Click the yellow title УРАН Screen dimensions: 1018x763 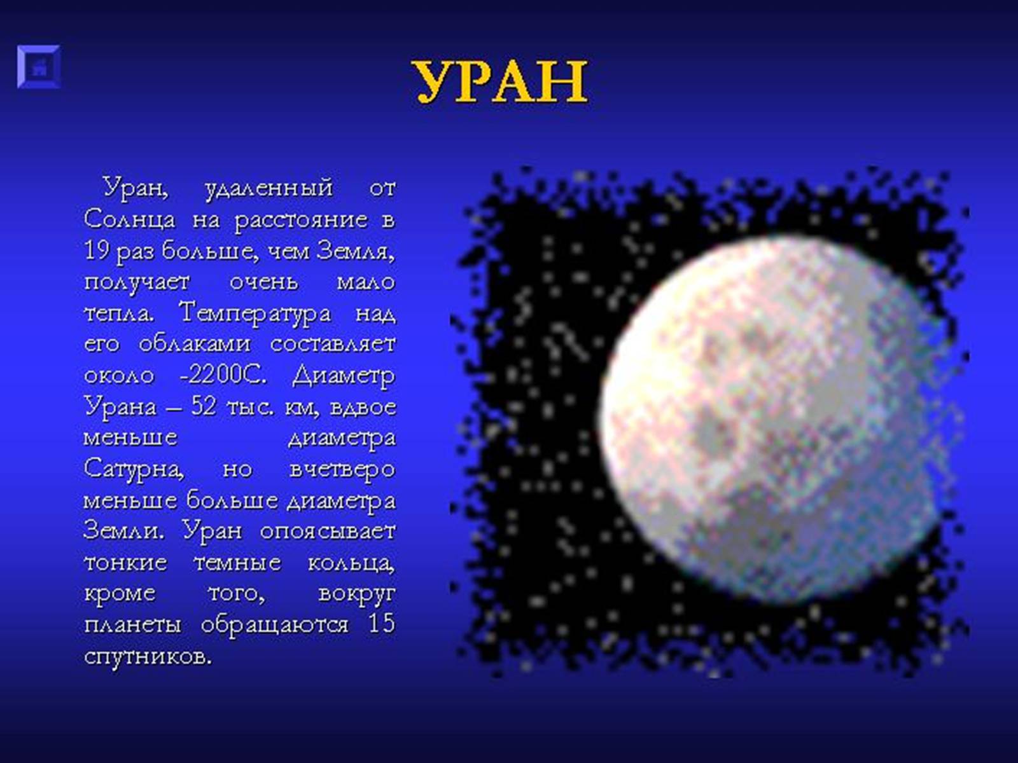tap(501, 83)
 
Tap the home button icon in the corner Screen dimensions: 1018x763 tap(39, 67)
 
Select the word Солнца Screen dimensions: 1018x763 tap(130, 219)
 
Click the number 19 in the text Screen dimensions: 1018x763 tap(97, 251)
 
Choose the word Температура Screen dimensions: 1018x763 tap(255, 313)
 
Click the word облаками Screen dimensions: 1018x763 tap(195, 344)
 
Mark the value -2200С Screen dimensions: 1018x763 tap(223, 375)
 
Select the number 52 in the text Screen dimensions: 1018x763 tap(204, 406)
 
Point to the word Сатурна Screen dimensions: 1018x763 tap(134, 470)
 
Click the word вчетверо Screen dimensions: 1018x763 tap(342, 470)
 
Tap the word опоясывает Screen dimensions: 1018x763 tap(328, 532)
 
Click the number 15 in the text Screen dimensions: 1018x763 tap(382, 624)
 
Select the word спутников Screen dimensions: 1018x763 tap(148, 656)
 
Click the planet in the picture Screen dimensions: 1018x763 tap(770, 419)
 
